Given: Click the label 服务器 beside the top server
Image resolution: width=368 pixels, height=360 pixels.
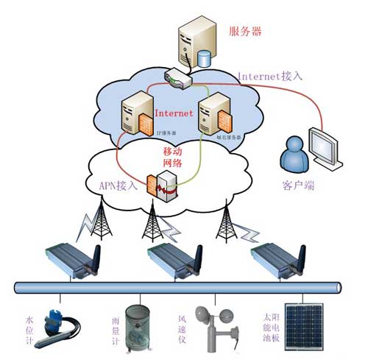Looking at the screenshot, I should (245, 32).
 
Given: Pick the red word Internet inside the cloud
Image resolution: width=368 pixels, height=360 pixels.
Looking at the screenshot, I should (174, 113).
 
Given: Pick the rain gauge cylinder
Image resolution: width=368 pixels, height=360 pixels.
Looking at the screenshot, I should (138, 328).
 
